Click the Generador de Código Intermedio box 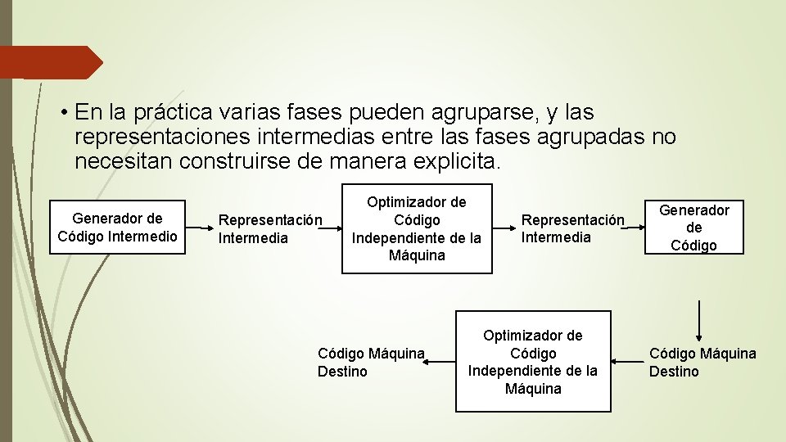click(x=117, y=228)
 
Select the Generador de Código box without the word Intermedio click(x=693, y=228)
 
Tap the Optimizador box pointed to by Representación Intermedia click(x=417, y=228)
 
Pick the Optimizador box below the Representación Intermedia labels click(x=533, y=361)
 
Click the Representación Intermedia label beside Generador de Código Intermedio click(x=270, y=229)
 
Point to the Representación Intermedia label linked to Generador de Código click(x=573, y=228)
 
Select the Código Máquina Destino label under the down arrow click(x=702, y=363)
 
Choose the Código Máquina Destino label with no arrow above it click(x=371, y=363)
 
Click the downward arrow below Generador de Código click(x=698, y=320)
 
